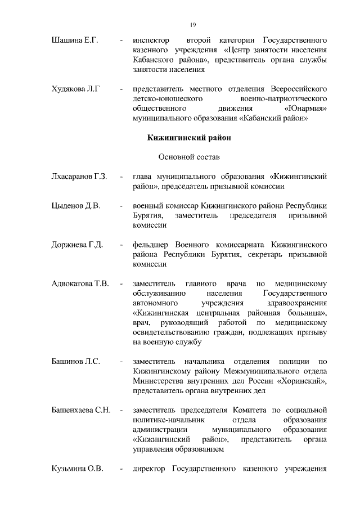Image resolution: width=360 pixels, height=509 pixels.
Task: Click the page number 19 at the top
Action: (x=192, y=25)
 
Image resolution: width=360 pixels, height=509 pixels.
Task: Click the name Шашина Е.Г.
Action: (x=75, y=41)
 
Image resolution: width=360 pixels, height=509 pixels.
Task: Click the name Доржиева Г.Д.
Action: (x=77, y=245)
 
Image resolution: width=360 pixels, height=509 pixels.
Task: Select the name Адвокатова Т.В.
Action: (x=80, y=283)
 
